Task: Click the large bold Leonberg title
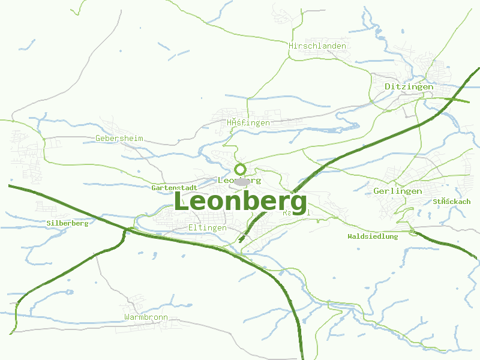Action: (x=240, y=201)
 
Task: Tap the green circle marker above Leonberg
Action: (x=240, y=169)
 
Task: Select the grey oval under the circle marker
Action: (x=242, y=181)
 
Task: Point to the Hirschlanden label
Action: (x=317, y=46)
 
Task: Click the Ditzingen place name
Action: (x=409, y=86)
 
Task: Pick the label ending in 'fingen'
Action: (x=248, y=122)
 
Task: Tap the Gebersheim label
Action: (x=119, y=138)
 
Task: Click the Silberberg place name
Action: (x=67, y=223)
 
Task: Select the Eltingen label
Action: (x=208, y=227)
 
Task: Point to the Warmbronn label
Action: (x=146, y=317)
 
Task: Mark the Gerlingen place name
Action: (x=397, y=191)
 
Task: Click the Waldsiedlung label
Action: (x=373, y=236)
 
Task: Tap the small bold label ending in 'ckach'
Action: (x=452, y=202)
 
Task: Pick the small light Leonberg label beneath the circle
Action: (x=239, y=180)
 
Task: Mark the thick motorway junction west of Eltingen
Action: (x=127, y=230)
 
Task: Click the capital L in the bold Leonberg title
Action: (x=182, y=201)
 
